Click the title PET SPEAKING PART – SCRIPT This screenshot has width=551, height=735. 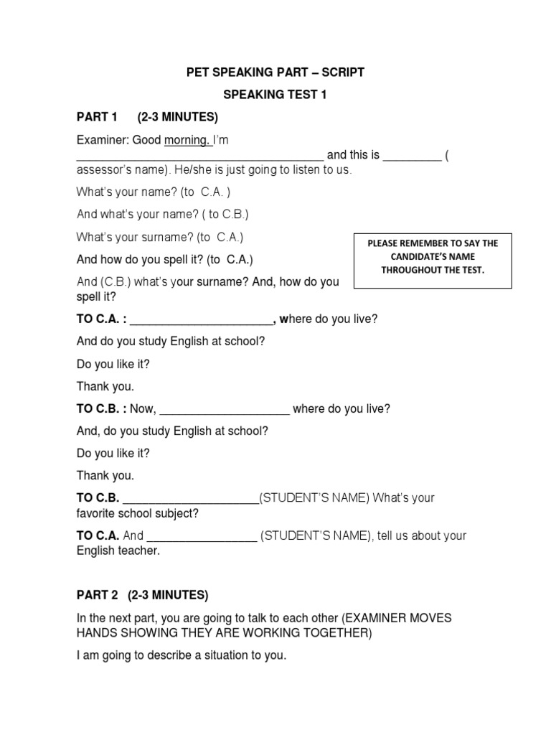[x=275, y=72]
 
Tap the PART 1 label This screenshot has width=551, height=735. [x=96, y=117]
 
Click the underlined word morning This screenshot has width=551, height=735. [x=187, y=140]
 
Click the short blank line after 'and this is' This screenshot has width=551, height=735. [x=412, y=156]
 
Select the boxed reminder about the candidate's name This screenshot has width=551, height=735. [x=433, y=256]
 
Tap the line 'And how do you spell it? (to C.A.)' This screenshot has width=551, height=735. [x=164, y=259]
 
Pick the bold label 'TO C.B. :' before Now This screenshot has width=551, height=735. [x=101, y=409]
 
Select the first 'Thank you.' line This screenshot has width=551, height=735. [x=105, y=386]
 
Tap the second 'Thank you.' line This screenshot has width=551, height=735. [x=105, y=475]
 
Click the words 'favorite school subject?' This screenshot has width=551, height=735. [x=138, y=513]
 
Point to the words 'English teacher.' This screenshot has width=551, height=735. [x=118, y=551]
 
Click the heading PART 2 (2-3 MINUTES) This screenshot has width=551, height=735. [x=142, y=595]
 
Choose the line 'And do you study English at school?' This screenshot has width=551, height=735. [x=171, y=342]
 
